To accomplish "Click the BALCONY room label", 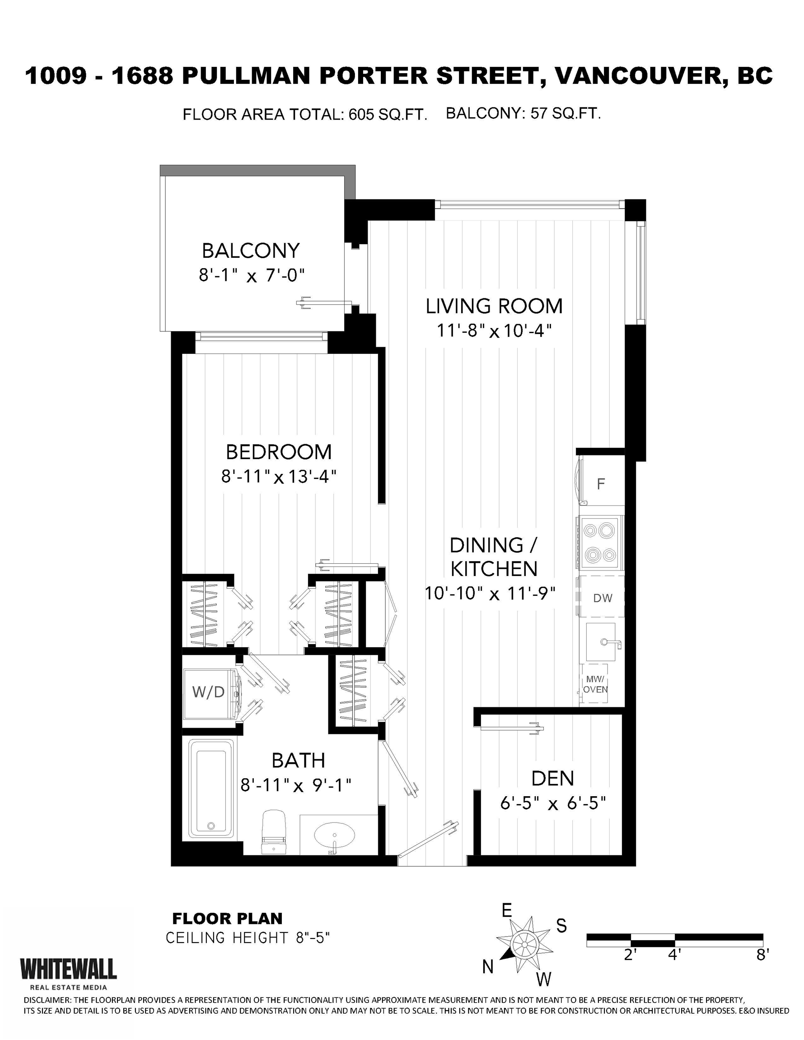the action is click(x=251, y=251).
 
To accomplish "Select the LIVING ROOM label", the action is click(x=494, y=306).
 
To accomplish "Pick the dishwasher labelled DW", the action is click(x=602, y=598).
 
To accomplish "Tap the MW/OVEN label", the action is click(x=596, y=685).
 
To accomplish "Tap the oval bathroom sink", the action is click(x=335, y=835).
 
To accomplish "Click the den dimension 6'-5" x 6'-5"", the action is click(x=553, y=804).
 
